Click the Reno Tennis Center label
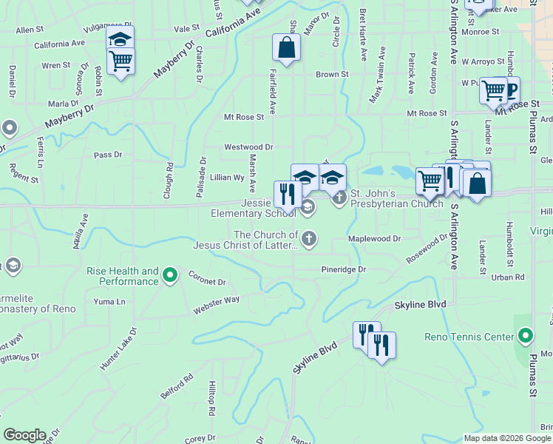click(x=469, y=337)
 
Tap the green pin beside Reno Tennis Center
click(x=525, y=337)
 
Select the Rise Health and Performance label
click(x=123, y=276)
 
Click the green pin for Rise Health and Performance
click(x=170, y=276)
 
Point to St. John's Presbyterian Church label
click(x=396, y=198)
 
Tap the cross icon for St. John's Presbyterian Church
click(x=339, y=198)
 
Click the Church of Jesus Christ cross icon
click(x=309, y=238)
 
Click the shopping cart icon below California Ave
click(x=121, y=61)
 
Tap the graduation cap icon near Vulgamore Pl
click(x=121, y=39)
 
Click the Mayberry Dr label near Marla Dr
click(x=69, y=117)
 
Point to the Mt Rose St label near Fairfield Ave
click(x=244, y=117)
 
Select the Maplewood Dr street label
click(x=374, y=239)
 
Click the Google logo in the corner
click(x=24, y=435)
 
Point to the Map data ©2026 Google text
click(x=507, y=438)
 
